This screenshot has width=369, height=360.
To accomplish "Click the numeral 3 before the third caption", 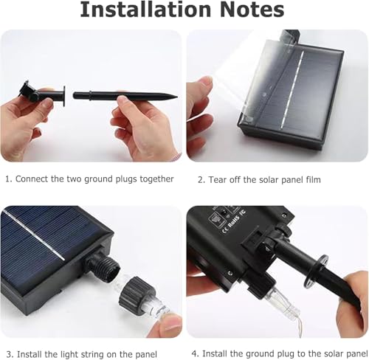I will [x=7, y=354].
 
